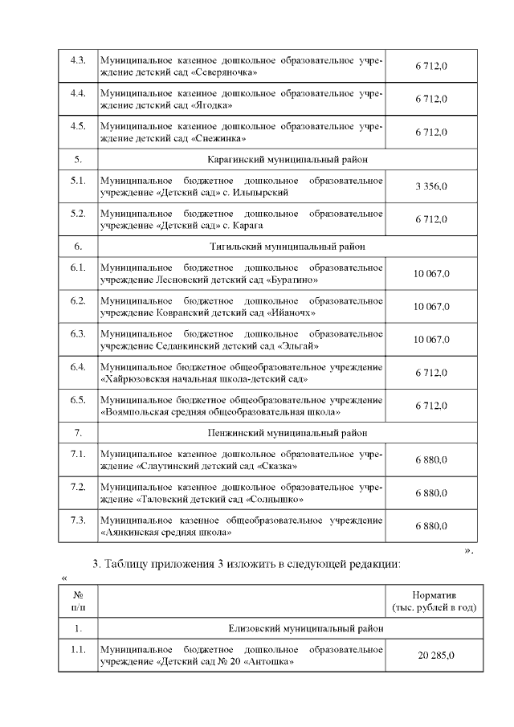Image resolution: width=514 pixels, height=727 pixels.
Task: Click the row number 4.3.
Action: point(78,61)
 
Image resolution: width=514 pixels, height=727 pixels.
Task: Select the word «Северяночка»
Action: point(226,72)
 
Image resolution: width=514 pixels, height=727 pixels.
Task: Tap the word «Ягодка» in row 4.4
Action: point(214,105)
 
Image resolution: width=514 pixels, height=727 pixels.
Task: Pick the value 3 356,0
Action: point(431,186)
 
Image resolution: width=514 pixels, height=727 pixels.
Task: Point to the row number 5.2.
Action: point(78,214)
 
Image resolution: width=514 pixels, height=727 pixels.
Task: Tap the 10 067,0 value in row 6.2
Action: point(431,307)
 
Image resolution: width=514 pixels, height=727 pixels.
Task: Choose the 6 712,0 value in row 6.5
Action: point(431,406)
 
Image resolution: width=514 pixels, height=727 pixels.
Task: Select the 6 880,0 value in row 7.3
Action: point(431,525)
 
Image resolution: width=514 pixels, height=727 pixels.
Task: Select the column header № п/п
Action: point(78,601)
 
